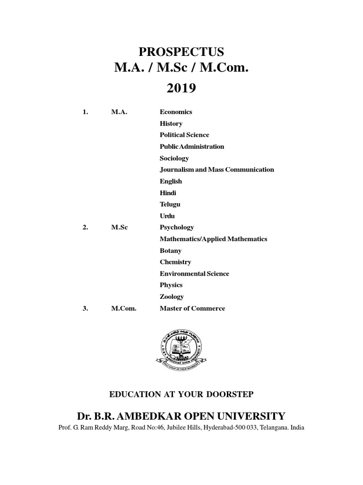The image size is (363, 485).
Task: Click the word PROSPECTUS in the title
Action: coord(181,52)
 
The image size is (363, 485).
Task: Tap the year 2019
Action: coord(181,89)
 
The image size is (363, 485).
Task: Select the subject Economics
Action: coord(176,112)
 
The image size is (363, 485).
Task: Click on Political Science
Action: coord(184,135)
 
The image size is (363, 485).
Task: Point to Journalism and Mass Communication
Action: coord(216,170)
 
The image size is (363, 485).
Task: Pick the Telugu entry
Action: coord(170,204)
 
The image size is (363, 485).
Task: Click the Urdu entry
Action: coord(167,216)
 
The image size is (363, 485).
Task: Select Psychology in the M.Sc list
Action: coord(176,227)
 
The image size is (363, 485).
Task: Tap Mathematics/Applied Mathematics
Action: coord(213,239)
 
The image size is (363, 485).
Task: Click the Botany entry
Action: coord(170,251)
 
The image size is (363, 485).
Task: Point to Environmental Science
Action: coord(194,274)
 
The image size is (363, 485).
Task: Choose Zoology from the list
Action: coord(172,296)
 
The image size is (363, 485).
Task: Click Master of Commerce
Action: coord(192,308)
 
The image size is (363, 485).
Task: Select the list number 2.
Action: coord(86,227)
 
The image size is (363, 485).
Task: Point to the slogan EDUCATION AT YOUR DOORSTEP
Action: coord(181,394)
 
